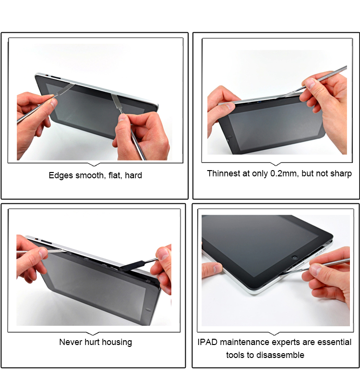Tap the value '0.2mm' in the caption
pos(285,173)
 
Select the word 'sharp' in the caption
pos(341,174)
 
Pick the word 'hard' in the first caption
pos(133,175)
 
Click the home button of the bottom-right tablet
pos(295,258)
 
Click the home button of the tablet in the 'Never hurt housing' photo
pos(148,309)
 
